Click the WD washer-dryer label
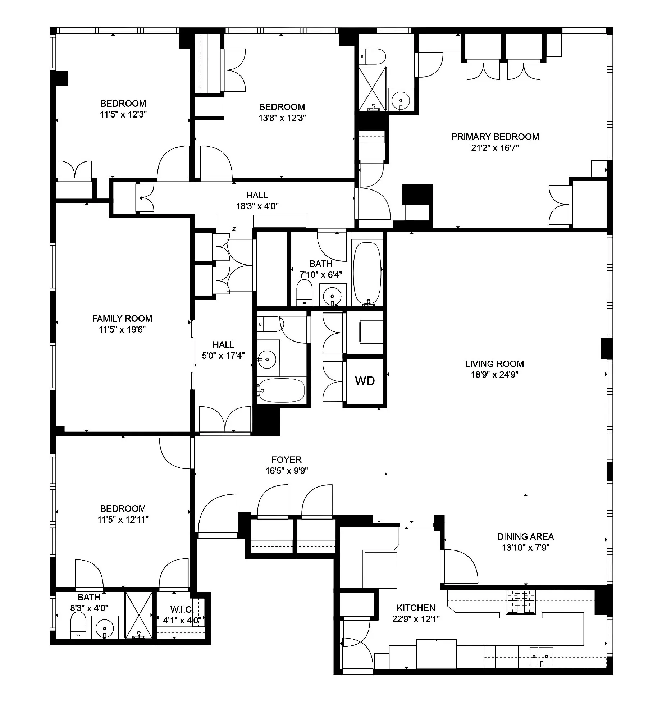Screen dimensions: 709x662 (x=365, y=381)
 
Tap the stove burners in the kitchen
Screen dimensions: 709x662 (x=521, y=601)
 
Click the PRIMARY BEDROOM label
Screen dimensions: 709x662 (x=495, y=137)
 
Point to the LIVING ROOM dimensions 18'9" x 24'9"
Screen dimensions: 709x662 (x=494, y=375)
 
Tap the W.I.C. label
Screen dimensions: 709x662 (x=182, y=609)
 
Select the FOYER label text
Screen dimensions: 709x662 (x=286, y=459)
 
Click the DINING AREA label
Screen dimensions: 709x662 (x=525, y=536)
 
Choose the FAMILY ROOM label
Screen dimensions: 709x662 (x=122, y=319)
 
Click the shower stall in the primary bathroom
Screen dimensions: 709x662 (x=373, y=88)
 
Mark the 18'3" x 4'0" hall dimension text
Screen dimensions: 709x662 (x=257, y=206)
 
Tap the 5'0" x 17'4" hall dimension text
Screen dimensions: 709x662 (x=223, y=356)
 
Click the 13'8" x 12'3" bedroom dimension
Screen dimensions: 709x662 (x=282, y=118)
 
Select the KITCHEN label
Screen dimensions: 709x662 (x=416, y=608)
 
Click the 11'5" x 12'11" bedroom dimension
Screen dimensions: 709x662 (x=123, y=520)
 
